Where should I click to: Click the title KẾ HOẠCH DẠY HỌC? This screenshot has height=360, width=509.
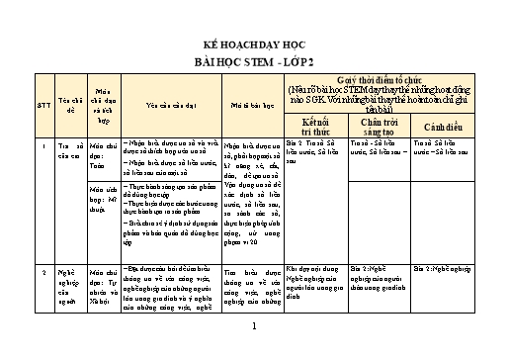click(254, 46)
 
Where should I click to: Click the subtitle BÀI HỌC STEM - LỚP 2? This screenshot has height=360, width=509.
click(254, 60)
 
